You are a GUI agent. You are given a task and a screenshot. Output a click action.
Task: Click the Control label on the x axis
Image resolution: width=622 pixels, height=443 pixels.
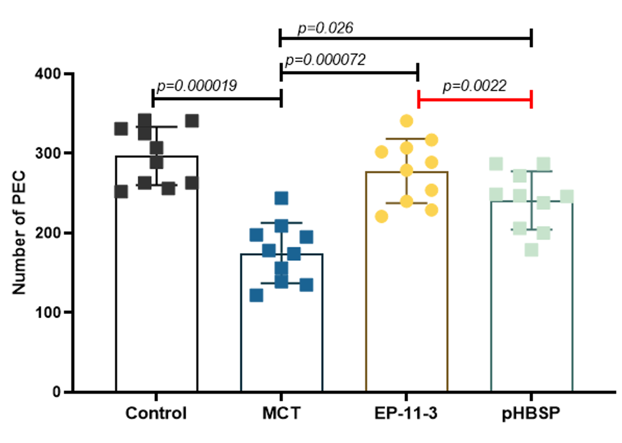coord(156,413)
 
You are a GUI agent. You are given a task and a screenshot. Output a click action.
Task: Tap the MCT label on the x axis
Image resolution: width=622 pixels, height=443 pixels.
coord(281,413)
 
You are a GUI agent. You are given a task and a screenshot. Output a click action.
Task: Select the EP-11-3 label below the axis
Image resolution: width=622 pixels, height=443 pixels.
coord(406,413)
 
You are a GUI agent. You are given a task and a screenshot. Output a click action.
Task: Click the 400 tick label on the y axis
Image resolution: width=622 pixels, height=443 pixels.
coord(48,74)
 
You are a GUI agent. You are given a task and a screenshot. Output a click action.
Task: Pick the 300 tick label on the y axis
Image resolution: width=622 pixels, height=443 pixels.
coord(48,153)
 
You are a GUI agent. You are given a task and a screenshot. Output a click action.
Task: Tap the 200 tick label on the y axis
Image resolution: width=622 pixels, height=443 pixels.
coord(48,233)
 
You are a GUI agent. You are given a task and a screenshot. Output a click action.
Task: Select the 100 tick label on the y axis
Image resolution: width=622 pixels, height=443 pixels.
coord(48,312)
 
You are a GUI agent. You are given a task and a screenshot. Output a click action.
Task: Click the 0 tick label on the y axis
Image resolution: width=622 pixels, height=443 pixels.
coord(56,392)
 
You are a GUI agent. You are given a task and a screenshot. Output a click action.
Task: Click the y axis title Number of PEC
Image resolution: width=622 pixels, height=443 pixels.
coord(19,232)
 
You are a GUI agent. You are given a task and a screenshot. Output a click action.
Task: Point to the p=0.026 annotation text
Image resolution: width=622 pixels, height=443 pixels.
coord(326,29)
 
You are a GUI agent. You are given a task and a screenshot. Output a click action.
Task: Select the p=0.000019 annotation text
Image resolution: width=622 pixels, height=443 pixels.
coord(197,86)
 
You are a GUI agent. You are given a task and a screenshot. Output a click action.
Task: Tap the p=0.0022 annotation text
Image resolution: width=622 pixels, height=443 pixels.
coord(474,86)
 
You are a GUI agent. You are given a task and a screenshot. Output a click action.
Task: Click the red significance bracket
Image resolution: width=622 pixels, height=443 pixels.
coord(475,99)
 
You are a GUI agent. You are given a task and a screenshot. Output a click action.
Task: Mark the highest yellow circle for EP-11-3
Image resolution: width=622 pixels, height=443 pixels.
coord(406,121)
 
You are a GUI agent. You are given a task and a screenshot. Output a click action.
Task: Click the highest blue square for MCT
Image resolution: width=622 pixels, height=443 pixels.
coord(281,198)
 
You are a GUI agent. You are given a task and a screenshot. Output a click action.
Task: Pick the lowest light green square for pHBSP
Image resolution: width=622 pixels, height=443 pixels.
coord(532,250)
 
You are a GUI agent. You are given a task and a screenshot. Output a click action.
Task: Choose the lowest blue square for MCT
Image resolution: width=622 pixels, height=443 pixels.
coord(256,295)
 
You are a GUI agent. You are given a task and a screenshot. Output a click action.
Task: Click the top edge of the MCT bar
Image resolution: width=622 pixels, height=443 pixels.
coord(282,254)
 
